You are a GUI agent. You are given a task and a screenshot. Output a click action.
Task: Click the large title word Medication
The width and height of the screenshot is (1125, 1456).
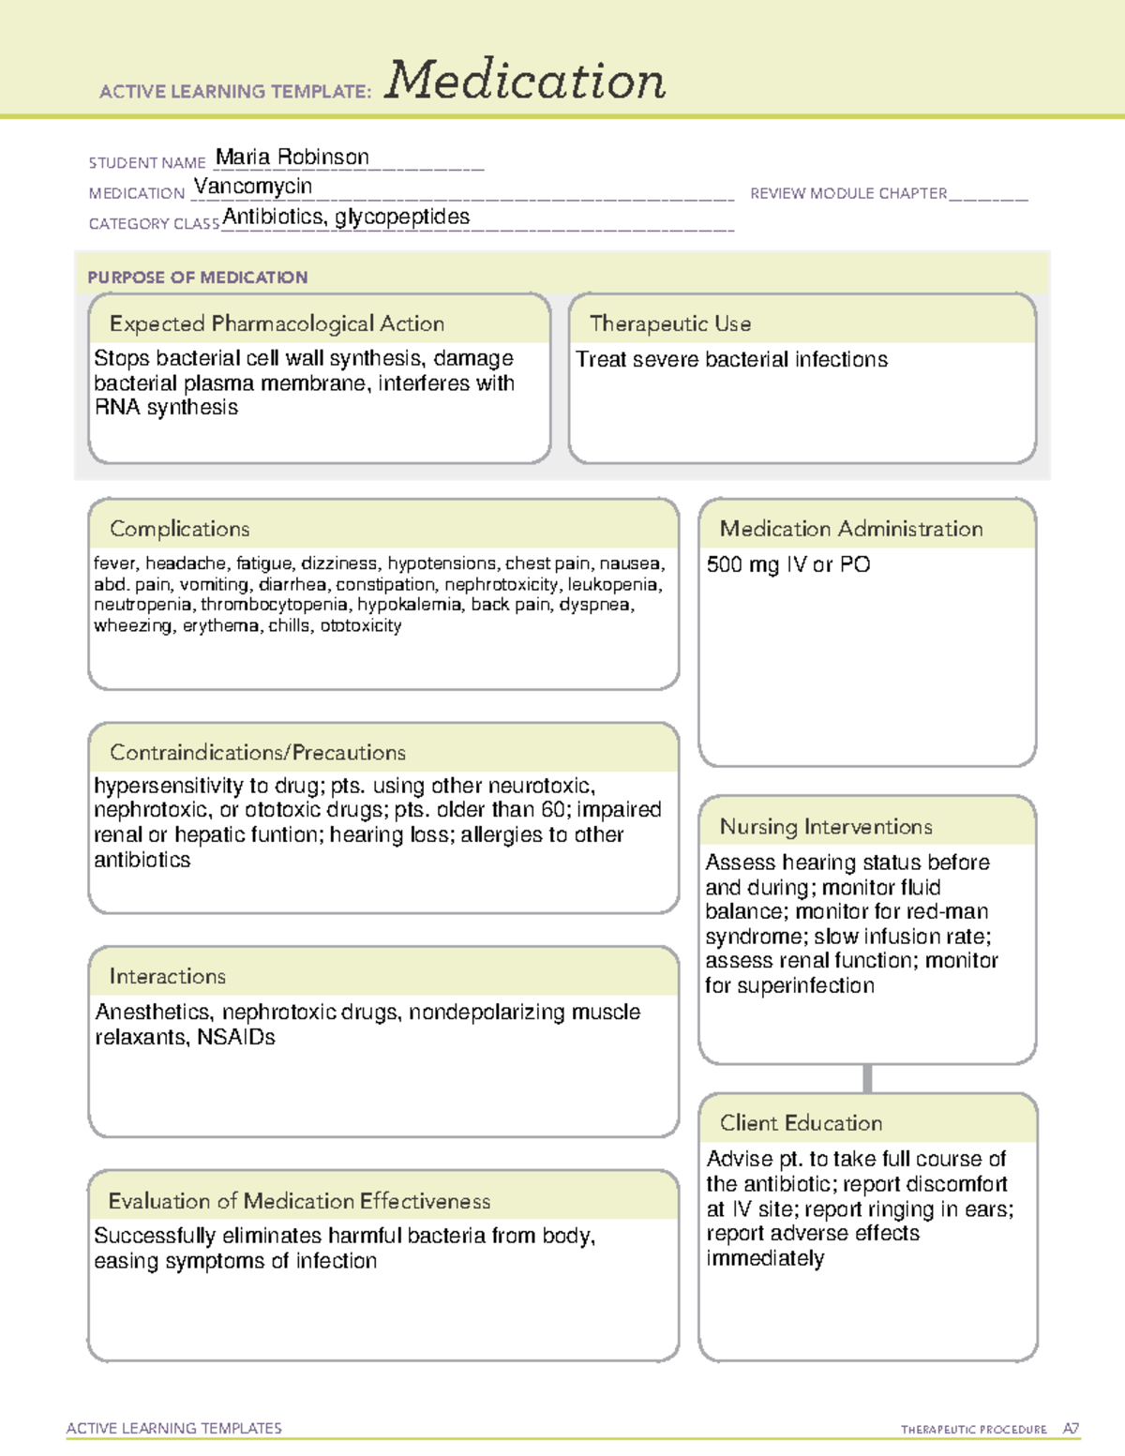point(525,81)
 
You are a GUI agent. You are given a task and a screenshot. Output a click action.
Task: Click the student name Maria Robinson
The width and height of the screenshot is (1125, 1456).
point(292,157)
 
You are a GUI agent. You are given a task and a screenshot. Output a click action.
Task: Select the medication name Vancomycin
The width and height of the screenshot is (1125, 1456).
point(253,187)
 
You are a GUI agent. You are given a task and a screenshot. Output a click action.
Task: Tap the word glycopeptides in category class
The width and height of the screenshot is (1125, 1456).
point(402,218)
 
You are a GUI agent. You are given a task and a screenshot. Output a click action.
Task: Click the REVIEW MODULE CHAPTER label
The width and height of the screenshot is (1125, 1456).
point(848,193)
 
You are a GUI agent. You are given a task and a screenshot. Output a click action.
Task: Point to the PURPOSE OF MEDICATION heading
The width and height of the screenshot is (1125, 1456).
point(198,278)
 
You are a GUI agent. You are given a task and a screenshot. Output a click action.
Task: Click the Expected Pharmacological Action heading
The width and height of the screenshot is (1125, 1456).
point(277,323)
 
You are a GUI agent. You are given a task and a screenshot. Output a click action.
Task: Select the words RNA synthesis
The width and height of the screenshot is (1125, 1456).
point(166,408)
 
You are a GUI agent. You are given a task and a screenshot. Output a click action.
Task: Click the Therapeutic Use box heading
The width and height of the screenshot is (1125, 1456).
point(670,323)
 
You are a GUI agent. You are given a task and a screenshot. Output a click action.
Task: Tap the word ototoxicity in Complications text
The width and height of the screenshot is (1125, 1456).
point(361,625)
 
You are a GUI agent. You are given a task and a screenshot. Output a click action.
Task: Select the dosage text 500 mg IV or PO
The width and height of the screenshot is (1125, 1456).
point(787,564)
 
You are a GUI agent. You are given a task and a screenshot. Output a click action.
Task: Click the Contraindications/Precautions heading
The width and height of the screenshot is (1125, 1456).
point(258,752)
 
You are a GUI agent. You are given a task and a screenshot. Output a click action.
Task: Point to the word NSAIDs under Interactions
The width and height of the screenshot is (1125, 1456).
point(236,1037)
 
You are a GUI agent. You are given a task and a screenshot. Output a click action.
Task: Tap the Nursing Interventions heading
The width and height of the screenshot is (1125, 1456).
point(826,826)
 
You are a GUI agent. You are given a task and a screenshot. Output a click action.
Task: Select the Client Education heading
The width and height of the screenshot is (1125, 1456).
point(801,1122)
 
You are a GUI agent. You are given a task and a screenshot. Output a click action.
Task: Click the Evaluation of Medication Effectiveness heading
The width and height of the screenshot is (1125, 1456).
point(299,1201)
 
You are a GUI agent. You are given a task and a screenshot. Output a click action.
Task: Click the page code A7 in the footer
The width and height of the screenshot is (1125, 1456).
point(1071,1429)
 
